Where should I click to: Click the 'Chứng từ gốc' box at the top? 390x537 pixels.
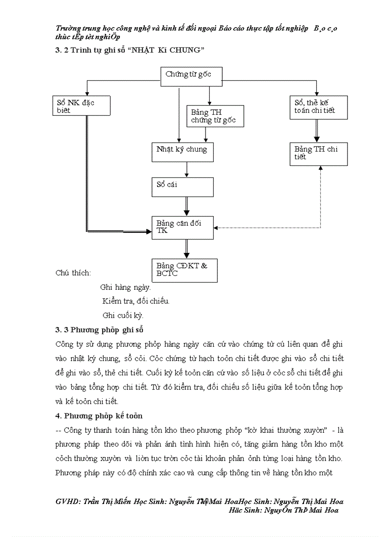(x=191, y=77)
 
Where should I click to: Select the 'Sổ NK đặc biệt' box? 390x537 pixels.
(x=82, y=106)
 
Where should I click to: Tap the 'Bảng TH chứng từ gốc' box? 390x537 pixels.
(x=215, y=116)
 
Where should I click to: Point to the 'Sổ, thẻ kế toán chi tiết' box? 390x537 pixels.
(x=318, y=107)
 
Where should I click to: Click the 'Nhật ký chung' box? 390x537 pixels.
(x=182, y=152)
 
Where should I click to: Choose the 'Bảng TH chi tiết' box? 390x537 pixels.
(x=318, y=153)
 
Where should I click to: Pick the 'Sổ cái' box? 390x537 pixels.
(x=182, y=186)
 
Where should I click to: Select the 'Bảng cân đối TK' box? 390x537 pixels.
(x=182, y=227)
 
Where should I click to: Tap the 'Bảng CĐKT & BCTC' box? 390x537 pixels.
(x=184, y=270)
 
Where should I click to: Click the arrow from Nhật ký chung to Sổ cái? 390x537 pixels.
(x=186, y=169)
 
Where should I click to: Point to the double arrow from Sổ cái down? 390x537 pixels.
(x=186, y=206)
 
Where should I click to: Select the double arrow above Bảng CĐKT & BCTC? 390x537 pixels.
(x=186, y=249)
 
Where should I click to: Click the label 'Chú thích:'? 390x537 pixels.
(x=73, y=273)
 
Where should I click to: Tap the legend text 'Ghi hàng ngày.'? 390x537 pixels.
(x=125, y=287)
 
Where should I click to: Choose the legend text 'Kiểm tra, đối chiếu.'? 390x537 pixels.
(x=136, y=301)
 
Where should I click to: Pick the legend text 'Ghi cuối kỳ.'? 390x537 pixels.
(x=123, y=315)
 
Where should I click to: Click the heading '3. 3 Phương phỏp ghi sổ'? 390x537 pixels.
(x=99, y=330)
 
